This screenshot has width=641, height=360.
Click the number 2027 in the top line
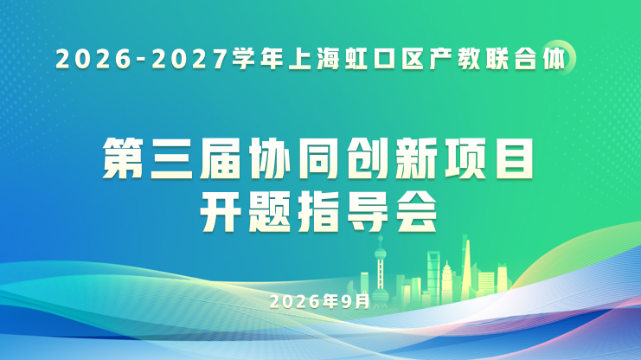pos(189,60)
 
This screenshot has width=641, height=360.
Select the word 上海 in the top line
pos(314,60)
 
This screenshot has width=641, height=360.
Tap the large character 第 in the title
pos(123,157)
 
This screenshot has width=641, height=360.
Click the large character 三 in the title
pos(171,158)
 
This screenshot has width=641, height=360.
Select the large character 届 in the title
pos(221,157)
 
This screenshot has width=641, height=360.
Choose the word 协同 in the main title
pos(294,157)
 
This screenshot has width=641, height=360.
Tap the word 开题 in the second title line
pos(246,211)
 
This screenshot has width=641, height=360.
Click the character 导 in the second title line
pos(368,211)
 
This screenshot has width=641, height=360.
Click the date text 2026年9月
pos(320,301)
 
